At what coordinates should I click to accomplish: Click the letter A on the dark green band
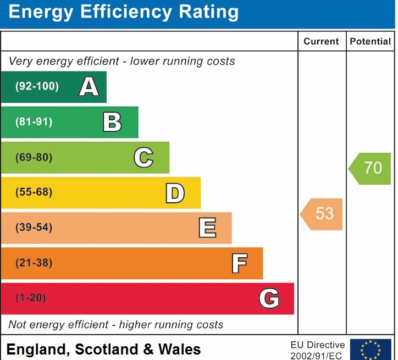pos(89,87)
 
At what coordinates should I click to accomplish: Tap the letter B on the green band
pos(112,122)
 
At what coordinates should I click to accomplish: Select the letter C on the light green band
pos(143,158)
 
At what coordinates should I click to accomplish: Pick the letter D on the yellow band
pos(175,193)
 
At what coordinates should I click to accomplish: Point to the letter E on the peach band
pos(207,228)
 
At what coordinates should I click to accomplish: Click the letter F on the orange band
pos(239,263)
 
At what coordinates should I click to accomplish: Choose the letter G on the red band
pos(269,298)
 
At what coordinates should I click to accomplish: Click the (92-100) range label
pos(37,86)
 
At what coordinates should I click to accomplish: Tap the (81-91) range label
pos(34,122)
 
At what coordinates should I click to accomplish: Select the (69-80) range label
pos(34,157)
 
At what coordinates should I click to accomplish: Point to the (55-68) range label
pos(34,192)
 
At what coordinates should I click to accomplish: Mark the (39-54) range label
pos(34,228)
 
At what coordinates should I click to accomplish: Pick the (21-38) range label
pos(34,263)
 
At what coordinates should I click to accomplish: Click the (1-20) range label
pos(31,298)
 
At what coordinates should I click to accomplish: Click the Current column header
pos(321,41)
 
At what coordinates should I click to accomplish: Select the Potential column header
pos(370,41)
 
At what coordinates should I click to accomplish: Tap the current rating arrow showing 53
pos(322,214)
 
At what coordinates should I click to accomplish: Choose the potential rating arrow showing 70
pos(371,168)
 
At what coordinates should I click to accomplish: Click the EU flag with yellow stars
pos(371,350)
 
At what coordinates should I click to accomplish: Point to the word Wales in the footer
pos(180,349)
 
